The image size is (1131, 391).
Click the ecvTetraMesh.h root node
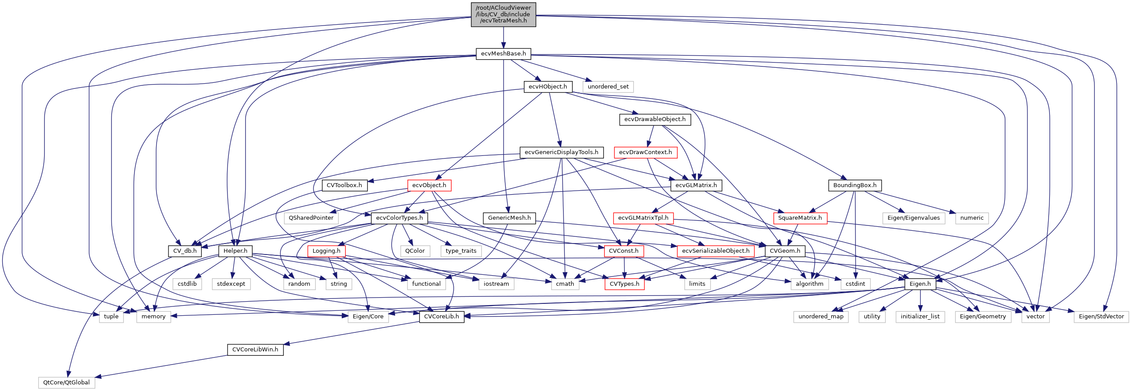point(503,14)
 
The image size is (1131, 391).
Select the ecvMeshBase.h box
point(503,54)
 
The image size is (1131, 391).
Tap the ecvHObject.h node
point(548,87)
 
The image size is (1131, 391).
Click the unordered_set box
point(608,87)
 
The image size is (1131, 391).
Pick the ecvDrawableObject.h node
point(655,119)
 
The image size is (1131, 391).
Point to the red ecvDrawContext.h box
point(645,152)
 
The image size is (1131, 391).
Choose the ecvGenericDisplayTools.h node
point(561,152)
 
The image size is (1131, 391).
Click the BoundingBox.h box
point(855,185)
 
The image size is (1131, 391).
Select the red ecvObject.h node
point(429,185)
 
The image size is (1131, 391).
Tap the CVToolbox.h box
point(344,185)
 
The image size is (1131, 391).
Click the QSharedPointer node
point(311,218)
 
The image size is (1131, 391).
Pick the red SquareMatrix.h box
point(800,218)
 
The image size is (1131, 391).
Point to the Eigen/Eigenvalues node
point(913,218)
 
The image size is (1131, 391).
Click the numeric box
point(972,218)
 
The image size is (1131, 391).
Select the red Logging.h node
point(326,251)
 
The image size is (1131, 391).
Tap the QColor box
point(415,251)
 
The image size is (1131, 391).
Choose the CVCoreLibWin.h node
point(255,350)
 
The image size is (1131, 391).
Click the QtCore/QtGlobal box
point(66,383)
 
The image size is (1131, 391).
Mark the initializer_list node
point(920,317)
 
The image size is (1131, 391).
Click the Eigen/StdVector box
point(1101,317)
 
